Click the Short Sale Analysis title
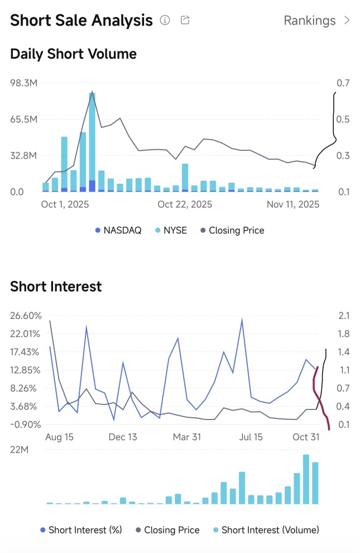point(81,21)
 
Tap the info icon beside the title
point(165,21)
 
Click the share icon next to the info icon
point(185,21)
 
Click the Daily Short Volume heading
point(73,54)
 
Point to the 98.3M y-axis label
point(24,83)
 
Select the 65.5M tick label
point(24,120)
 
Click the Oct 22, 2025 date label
point(185,205)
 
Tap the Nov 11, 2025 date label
point(293,205)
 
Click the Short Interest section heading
point(56,287)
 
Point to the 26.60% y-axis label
point(26,316)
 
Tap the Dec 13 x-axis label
point(123,437)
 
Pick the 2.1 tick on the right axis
point(343,316)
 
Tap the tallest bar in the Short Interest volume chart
point(306,479)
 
